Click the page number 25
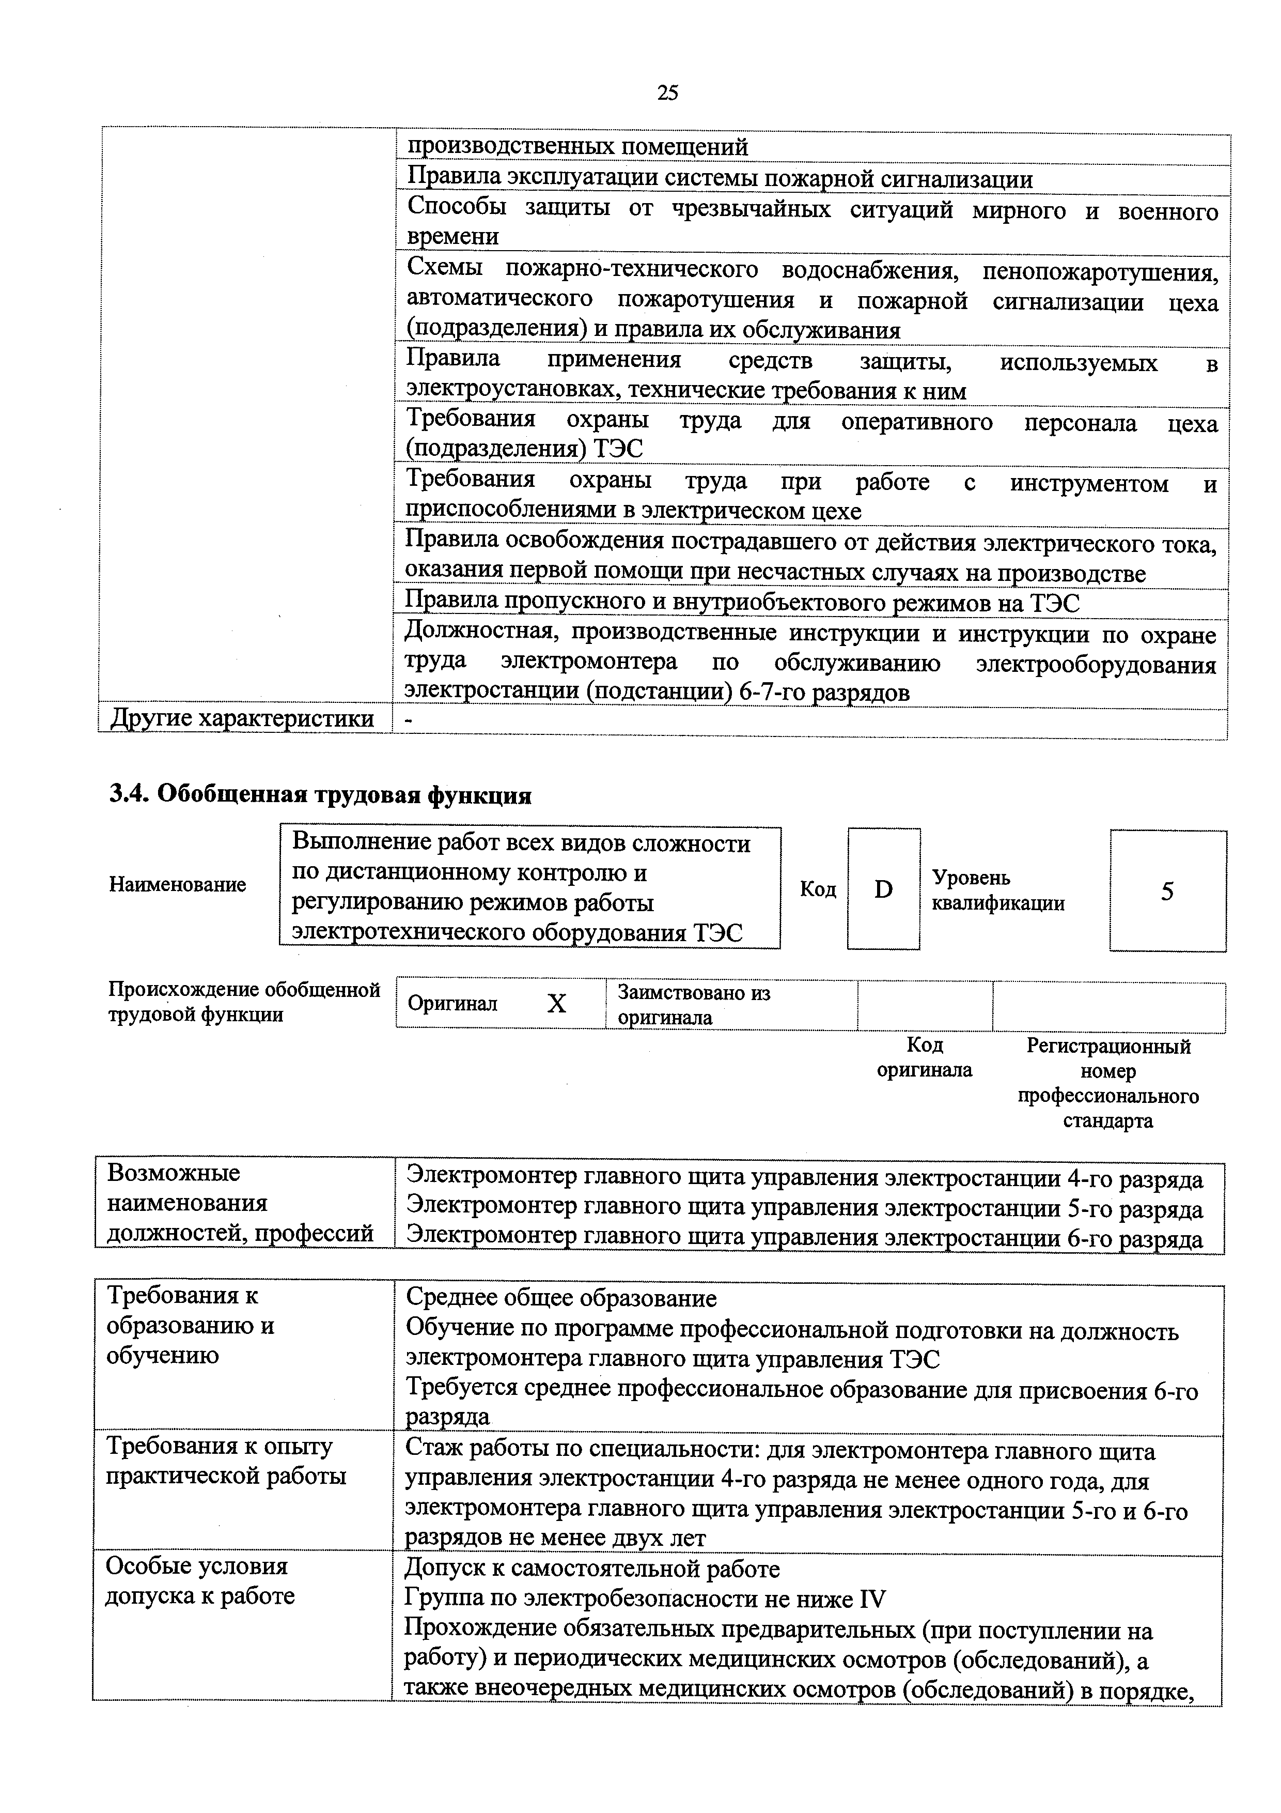667,93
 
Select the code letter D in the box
883,890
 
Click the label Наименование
178,884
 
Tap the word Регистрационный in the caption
1108,1046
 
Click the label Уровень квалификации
997,890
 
